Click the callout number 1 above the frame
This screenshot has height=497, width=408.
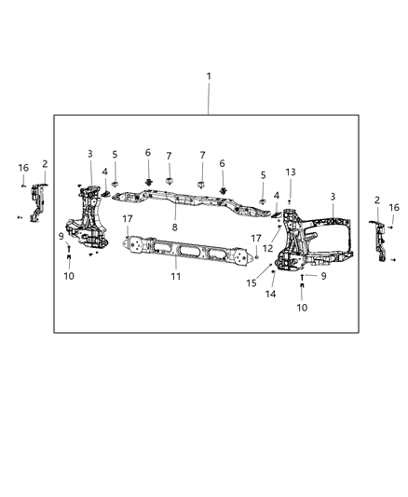[x=209, y=76]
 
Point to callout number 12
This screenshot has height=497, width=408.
[x=267, y=248]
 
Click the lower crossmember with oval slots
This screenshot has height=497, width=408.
[x=191, y=253]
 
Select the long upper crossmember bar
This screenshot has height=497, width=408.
[x=186, y=204]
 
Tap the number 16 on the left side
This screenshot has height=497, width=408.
[x=23, y=168]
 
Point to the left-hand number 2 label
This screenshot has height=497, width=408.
[x=44, y=164]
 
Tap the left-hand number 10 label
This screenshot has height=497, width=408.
[x=68, y=276]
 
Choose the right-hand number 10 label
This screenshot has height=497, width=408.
[x=302, y=308]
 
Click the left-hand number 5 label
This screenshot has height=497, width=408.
[x=115, y=155]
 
